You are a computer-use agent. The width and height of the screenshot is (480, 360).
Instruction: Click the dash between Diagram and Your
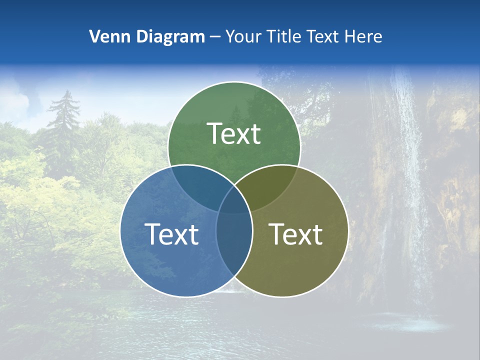[x=215, y=36]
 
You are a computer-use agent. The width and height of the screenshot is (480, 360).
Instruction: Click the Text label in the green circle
[x=234, y=133]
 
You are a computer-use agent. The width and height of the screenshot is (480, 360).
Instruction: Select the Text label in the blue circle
[x=171, y=234]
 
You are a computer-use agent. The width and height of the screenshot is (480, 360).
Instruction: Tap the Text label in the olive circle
[x=295, y=234]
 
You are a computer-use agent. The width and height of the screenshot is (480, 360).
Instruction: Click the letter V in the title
[x=94, y=36]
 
